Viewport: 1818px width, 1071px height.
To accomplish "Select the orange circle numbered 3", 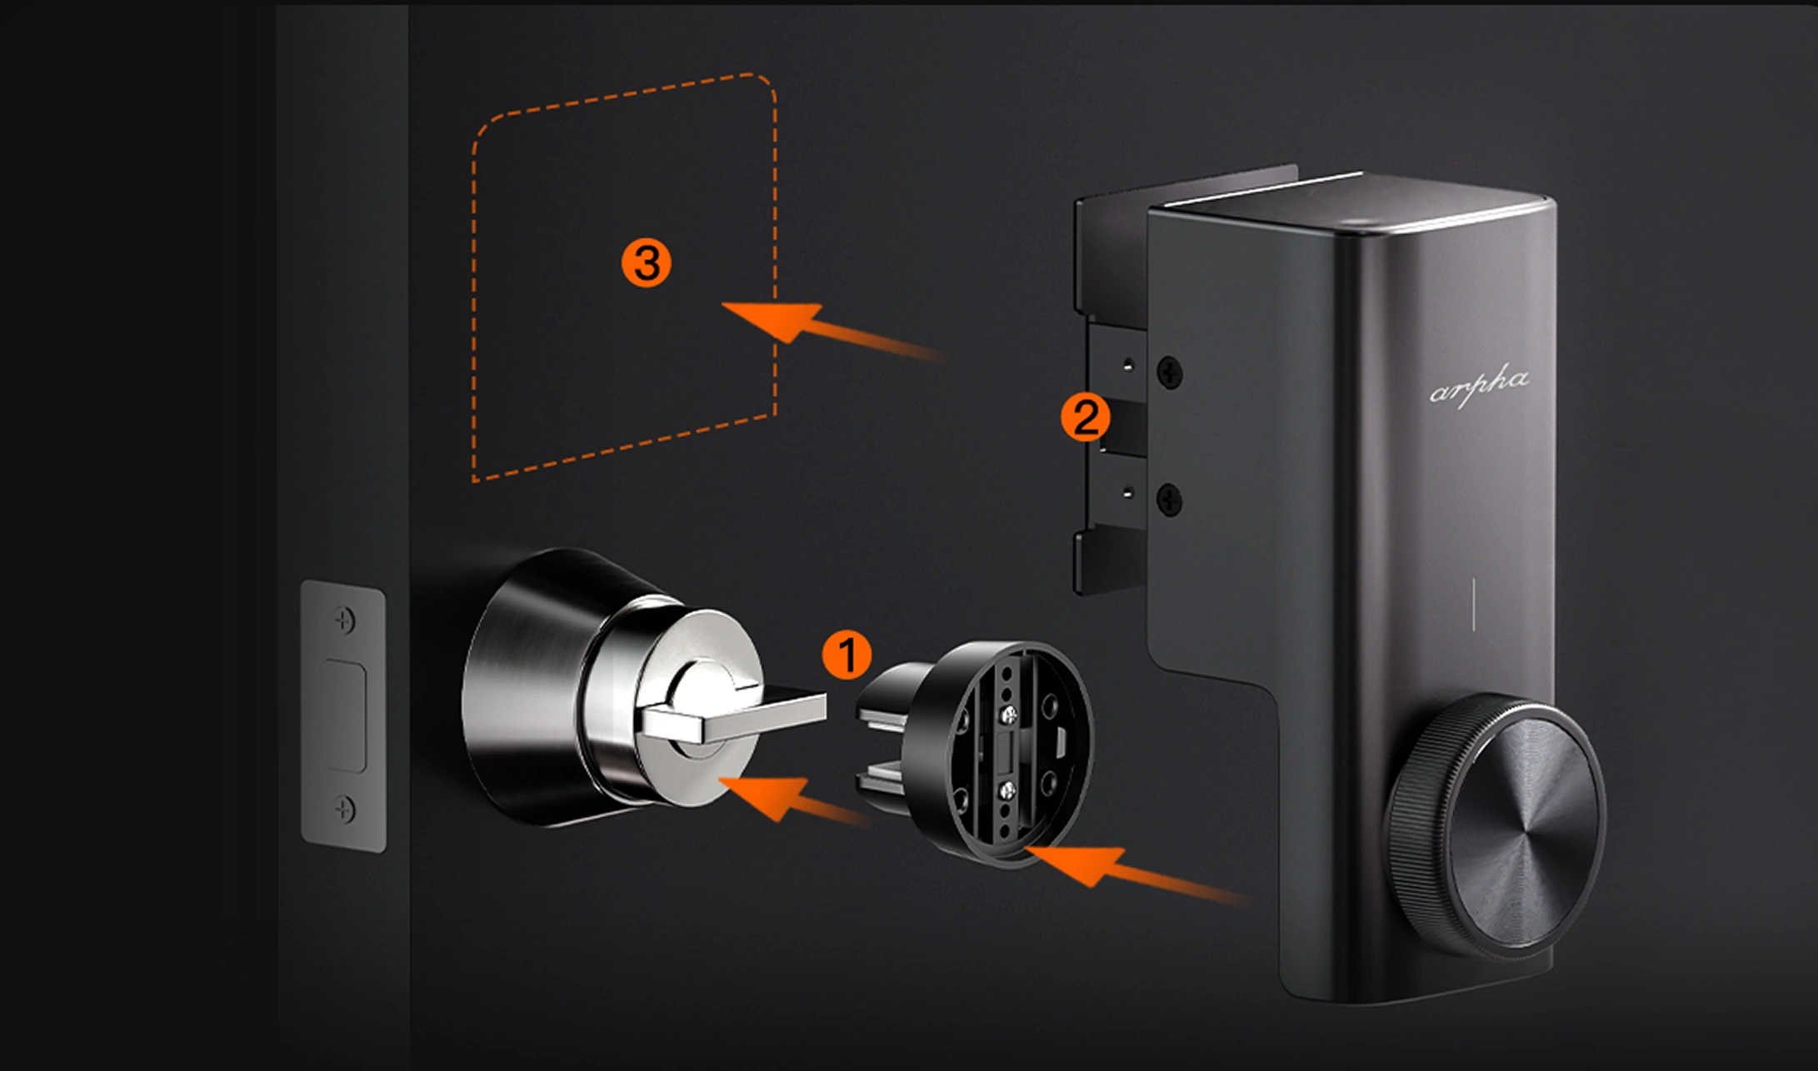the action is click(x=647, y=263).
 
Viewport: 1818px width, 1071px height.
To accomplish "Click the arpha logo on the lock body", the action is click(x=1479, y=388).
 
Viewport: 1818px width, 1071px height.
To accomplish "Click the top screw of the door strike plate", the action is click(x=344, y=620).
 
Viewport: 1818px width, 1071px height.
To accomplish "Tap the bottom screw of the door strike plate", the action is click(x=344, y=808).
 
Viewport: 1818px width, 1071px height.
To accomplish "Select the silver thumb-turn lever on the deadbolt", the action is click(x=733, y=716).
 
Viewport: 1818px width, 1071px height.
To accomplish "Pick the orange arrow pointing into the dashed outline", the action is click(x=833, y=331).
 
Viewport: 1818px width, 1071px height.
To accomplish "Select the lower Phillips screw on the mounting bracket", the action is click(x=1170, y=500).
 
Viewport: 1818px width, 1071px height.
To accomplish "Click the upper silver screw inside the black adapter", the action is click(x=1009, y=713).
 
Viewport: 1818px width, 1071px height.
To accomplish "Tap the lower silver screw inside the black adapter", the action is click(x=1006, y=790).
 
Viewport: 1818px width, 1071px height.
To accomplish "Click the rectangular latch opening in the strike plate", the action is click(x=345, y=715).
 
